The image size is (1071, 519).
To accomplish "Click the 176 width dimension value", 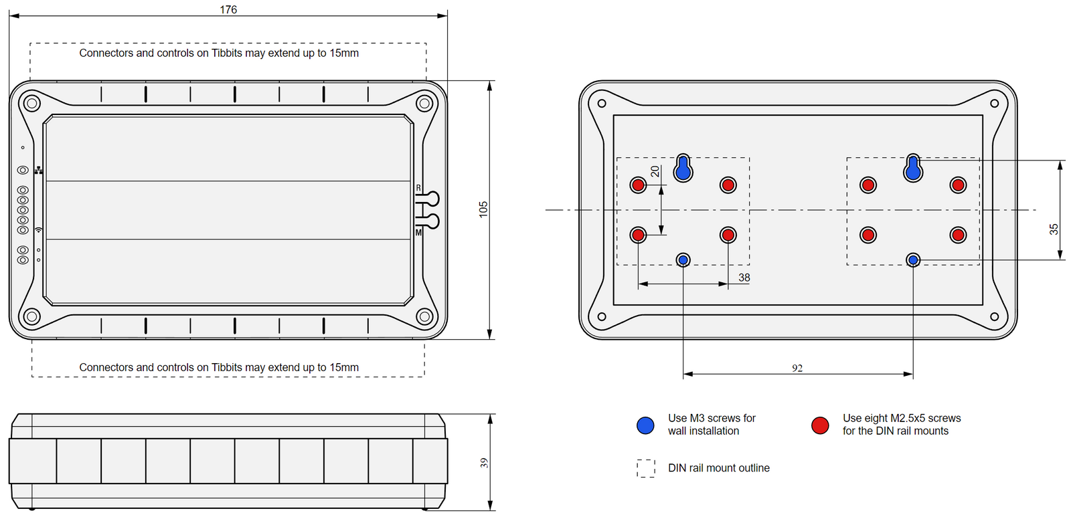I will (228, 9).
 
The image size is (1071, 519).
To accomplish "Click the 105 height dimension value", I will (483, 209).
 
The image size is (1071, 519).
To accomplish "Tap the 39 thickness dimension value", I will (484, 462).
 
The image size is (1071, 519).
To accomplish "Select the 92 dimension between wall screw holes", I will (797, 368).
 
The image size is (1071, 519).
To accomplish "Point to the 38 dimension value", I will (744, 277).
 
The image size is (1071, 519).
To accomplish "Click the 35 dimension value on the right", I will (1054, 229).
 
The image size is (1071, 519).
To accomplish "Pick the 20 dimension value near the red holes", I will (655, 172).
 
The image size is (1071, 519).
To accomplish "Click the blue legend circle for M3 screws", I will (645, 425).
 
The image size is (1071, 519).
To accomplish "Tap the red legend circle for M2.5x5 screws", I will (820, 425).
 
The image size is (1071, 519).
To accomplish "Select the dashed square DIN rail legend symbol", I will (646, 468).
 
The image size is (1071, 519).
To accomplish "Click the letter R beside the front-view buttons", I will (418, 188).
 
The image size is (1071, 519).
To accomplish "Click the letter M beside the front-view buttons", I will (418, 233).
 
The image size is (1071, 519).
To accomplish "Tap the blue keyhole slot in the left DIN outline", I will (683, 169).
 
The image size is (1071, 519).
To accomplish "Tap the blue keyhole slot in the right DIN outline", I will (913, 169).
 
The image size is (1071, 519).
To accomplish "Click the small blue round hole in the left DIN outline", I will (683, 259).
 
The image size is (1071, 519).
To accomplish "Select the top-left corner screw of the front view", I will (31, 103).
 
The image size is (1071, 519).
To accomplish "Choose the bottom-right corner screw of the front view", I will (424, 316).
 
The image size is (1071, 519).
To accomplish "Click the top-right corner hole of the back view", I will (994, 104).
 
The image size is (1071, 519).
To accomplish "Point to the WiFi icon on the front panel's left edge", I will (39, 230).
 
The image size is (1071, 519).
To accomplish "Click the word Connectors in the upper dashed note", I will (106, 53).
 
